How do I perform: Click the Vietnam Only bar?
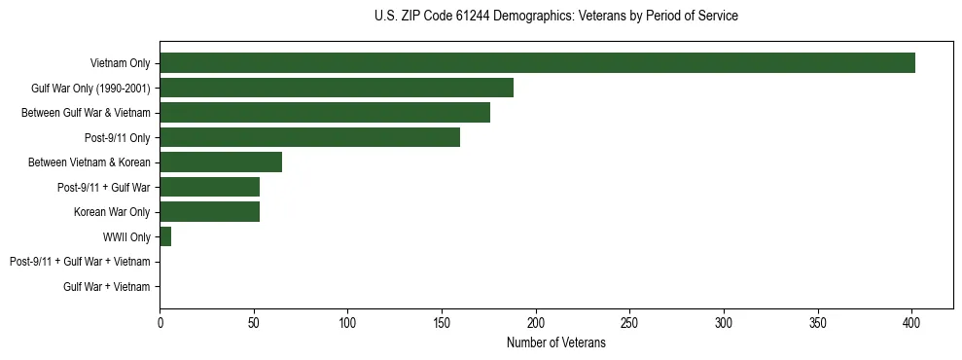coord(537,63)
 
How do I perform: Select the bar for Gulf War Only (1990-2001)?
coord(337,88)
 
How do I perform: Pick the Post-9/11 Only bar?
coord(309,137)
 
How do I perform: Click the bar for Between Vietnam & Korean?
coord(221,162)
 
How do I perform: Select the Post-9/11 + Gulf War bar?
coord(209,187)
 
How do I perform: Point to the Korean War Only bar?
coord(209,212)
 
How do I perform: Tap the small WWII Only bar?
coord(165,236)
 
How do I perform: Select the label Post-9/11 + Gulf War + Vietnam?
coord(80,262)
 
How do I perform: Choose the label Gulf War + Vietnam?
coord(107,286)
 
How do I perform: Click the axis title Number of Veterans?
coord(555,342)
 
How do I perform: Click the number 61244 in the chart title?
coord(466,17)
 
